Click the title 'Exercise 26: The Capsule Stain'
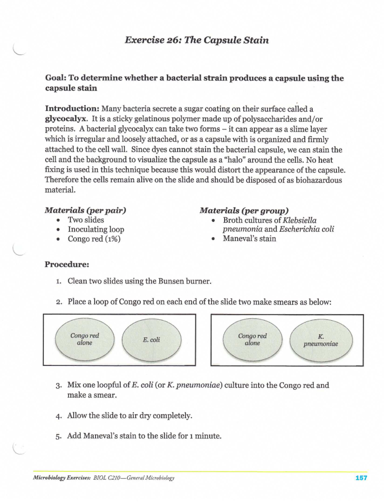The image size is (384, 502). (196, 40)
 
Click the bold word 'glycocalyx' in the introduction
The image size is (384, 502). (66, 119)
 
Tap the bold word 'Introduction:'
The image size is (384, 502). (72, 109)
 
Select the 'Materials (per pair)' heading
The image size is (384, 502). (85, 210)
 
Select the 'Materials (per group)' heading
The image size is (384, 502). (244, 211)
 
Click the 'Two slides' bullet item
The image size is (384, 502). (86, 220)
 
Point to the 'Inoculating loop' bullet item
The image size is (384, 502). (96, 230)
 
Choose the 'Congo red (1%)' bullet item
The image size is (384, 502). (94, 239)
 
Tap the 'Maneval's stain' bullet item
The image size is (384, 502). (249, 239)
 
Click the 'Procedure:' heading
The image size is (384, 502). (67, 264)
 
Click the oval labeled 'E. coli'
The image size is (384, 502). (151, 340)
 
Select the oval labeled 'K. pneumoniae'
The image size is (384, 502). (321, 341)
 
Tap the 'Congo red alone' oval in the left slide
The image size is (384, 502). (84, 339)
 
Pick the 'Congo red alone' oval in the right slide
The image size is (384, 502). (252, 340)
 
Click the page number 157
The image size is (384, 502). (361, 478)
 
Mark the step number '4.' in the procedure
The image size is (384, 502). (58, 416)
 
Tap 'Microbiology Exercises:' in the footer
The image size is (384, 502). (62, 478)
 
